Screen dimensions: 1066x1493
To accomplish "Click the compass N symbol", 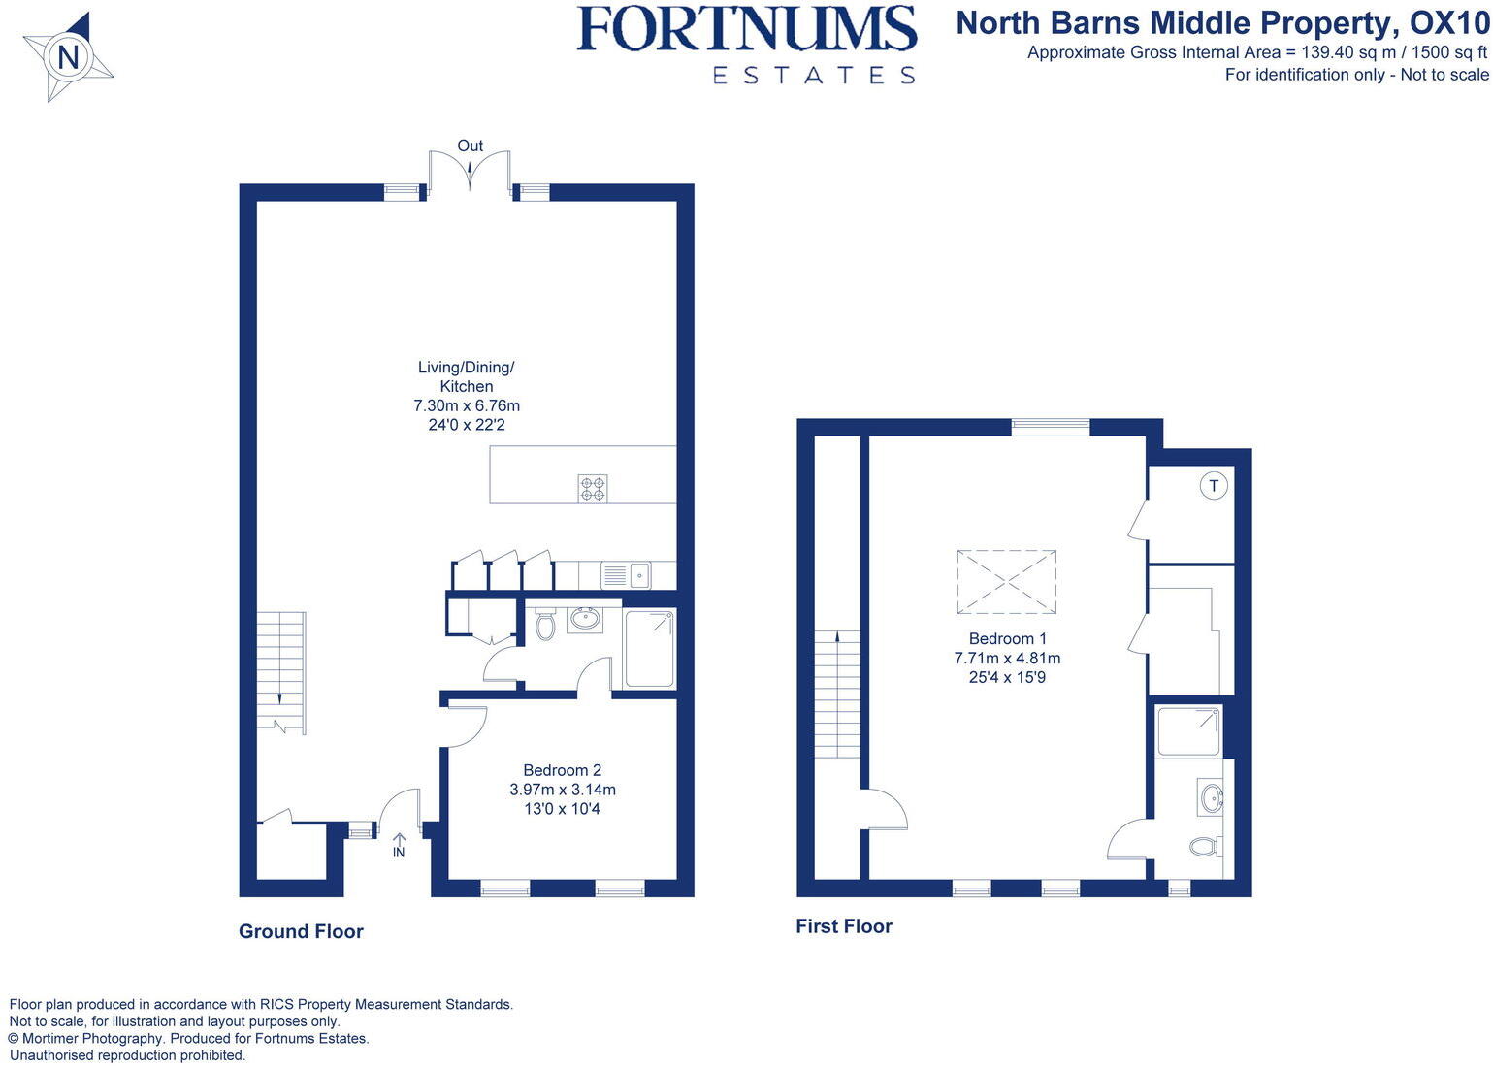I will coord(67,58).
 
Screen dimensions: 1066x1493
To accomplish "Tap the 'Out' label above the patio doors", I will coord(470,145).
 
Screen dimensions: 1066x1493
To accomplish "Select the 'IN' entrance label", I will coord(399,853).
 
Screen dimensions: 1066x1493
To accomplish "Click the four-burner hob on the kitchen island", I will coord(593,488).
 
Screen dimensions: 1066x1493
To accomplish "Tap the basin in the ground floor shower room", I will coord(585,618).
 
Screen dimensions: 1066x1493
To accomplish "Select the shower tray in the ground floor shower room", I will coord(649,648).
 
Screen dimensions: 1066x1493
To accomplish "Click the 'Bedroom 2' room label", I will coord(563,770).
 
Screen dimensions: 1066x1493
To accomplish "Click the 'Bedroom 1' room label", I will coord(1008,638).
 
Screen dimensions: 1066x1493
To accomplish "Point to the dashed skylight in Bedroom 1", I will coord(1006,582).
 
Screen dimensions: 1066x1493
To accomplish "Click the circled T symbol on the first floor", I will coord(1214,485).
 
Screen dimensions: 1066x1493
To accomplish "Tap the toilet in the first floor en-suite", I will coord(1204,847).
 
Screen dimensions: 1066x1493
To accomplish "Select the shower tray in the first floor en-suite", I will coord(1188,731).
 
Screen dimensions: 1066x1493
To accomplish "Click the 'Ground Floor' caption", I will coord(301,931).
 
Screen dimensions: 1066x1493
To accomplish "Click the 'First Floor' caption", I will coord(843,926).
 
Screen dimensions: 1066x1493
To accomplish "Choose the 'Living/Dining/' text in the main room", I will coord(466,367).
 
